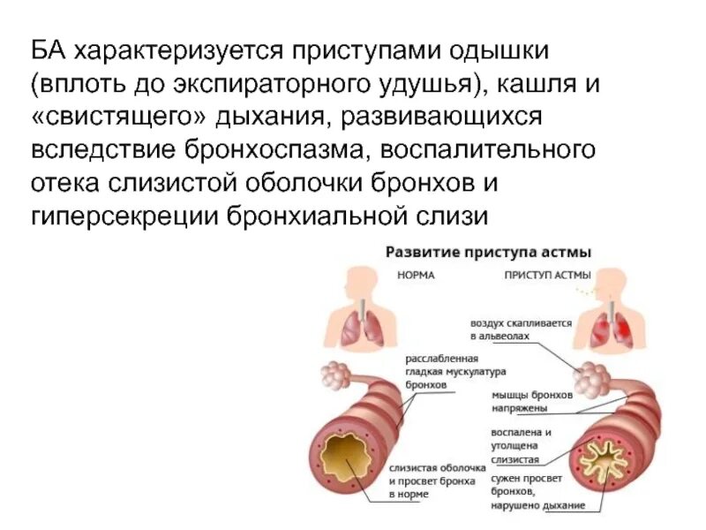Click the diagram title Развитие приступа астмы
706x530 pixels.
pos(487,252)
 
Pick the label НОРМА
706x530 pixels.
pos(415,275)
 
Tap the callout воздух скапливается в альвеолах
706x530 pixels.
pos(522,330)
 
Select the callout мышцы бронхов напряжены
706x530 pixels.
pos(532,402)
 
